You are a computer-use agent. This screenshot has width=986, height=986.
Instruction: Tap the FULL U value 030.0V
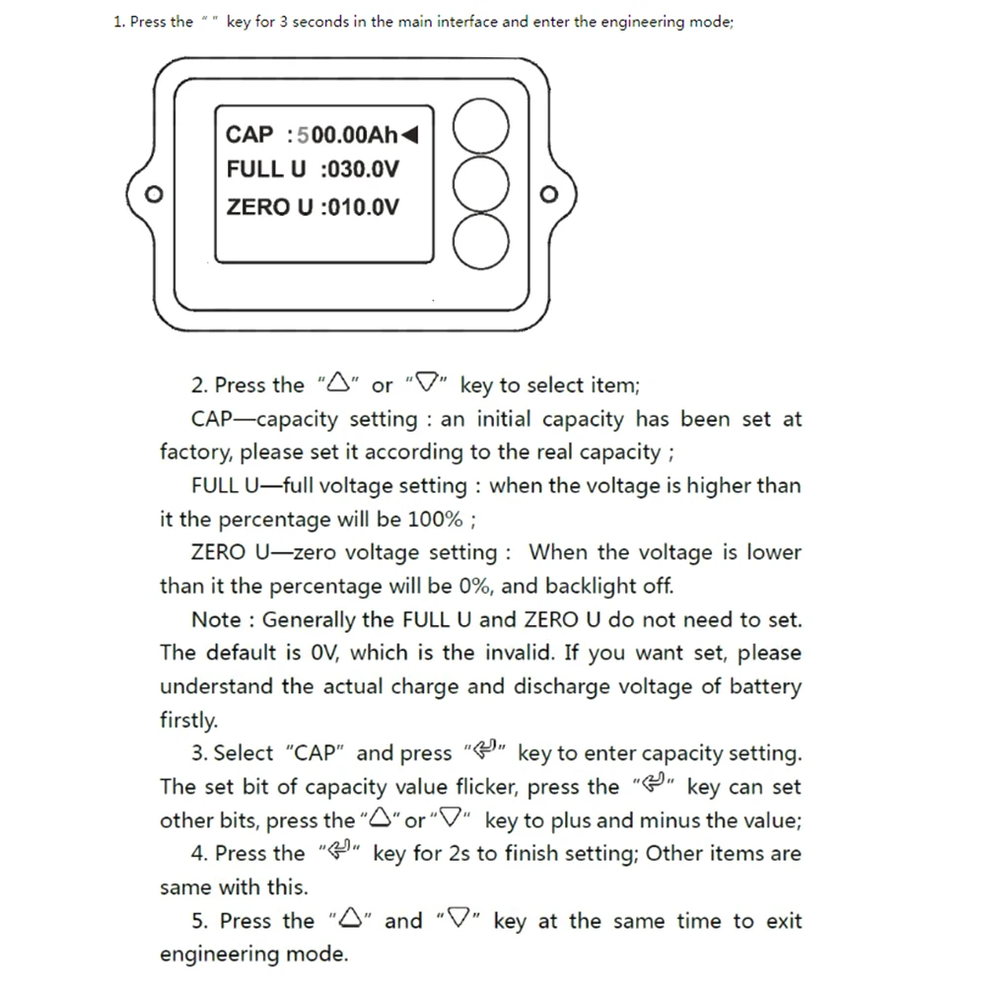pos(360,170)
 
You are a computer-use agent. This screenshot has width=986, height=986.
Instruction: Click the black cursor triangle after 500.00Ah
pos(409,134)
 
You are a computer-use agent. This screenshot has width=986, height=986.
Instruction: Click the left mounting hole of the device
pos(153,193)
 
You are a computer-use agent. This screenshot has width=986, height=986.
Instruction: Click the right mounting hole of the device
pos(549,193)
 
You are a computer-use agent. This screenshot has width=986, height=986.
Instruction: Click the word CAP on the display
pos(249,134)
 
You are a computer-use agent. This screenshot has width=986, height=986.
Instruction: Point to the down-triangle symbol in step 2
pos(427,385)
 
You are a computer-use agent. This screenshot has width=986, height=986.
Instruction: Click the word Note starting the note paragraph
pos(215,619)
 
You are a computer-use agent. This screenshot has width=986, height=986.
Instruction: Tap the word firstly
pos(187,720)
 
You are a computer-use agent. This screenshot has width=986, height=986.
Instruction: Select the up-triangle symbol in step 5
pos(351,921)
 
